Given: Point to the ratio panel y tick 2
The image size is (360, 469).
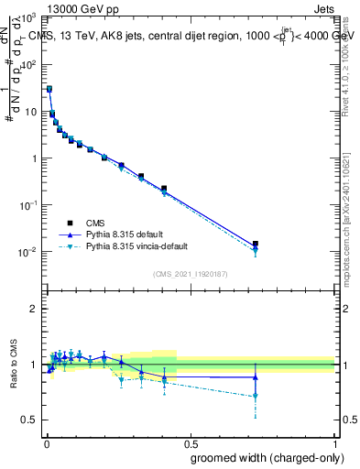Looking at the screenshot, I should pyautogui.click(x=33, y=309).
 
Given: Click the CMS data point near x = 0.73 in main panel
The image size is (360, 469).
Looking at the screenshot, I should pyautogui.click(x=256, y=244).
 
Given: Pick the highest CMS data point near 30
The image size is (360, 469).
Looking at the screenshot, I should pyautogui.click(x=49, y=89).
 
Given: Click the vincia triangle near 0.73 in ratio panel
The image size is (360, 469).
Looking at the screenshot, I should pyautogui.click(x=256, y=397).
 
